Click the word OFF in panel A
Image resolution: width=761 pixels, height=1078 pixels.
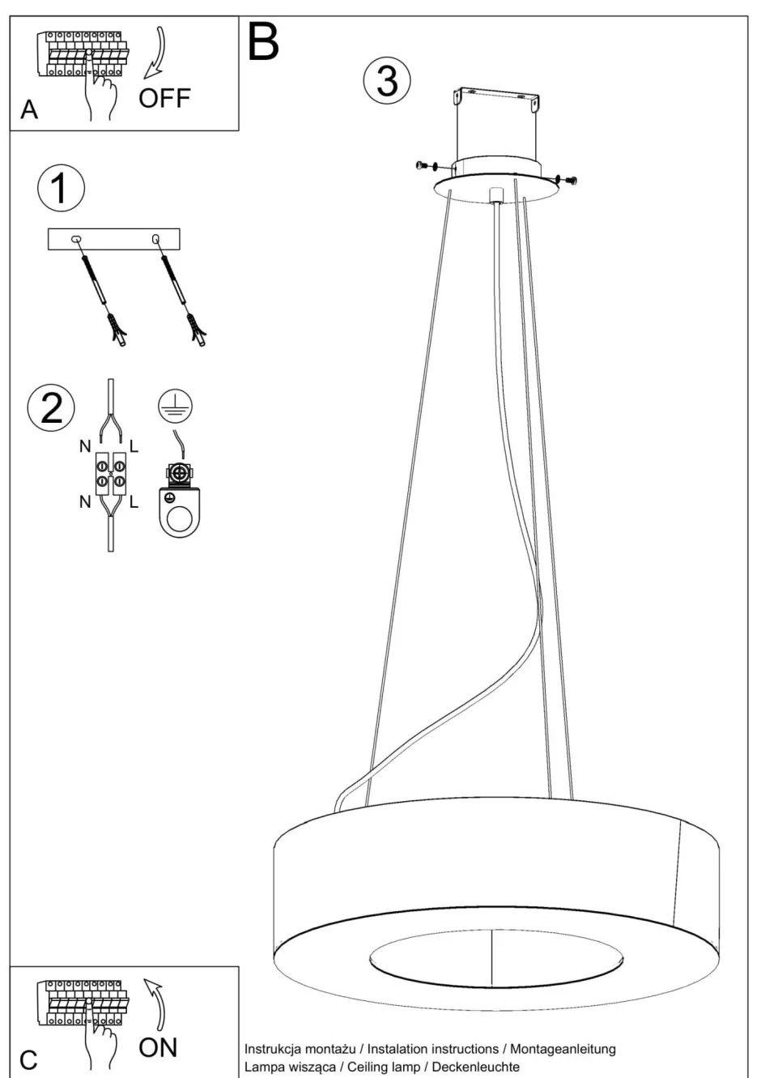point(164,99)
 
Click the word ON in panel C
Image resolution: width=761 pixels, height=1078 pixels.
point(158,1047)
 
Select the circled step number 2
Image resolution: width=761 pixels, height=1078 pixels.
point(52,407)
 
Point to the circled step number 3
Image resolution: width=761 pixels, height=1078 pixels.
point(387,81)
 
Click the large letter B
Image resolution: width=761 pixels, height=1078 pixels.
point(263,42)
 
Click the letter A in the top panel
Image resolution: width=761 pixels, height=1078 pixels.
point(29,109)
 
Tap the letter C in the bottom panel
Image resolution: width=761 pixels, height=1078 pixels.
point(28,1060)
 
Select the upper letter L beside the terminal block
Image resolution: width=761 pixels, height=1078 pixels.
point(134,445)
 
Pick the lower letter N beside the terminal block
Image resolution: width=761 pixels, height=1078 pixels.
point(85,502)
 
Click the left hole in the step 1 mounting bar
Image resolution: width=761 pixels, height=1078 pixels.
point(77,238)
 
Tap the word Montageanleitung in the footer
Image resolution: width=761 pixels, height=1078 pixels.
point(563,1049)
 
